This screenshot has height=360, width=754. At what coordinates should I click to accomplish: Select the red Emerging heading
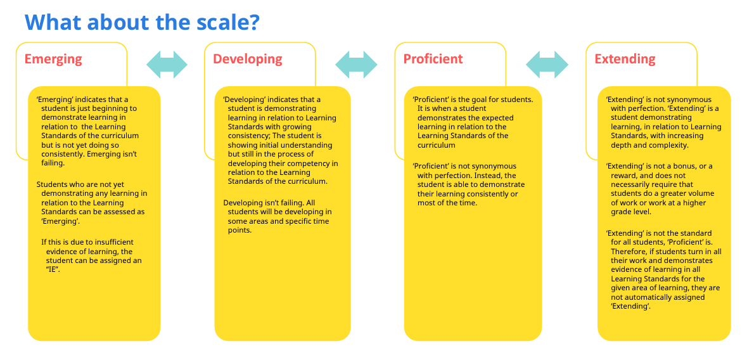pyautogui.click(x=53, y=59)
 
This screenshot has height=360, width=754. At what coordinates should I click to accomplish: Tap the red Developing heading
pyautogui.click(x=247, y=59)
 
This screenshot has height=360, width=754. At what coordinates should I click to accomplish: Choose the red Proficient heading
pyautogui.click(x=433, y=59)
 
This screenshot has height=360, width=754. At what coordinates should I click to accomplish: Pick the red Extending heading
pyautogui.click(x=625, y=59)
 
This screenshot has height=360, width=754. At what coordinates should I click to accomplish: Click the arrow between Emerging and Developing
pyautogui.click(x=167, y=65)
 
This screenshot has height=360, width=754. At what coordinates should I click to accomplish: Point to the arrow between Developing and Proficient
pyautogui.click(x=356, y=65)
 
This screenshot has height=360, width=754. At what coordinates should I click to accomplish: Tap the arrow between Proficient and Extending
pyautogui.click(x=547, y=65)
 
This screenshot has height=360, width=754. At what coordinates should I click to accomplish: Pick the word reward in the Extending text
pyautogui.click(x=623, y=176)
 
